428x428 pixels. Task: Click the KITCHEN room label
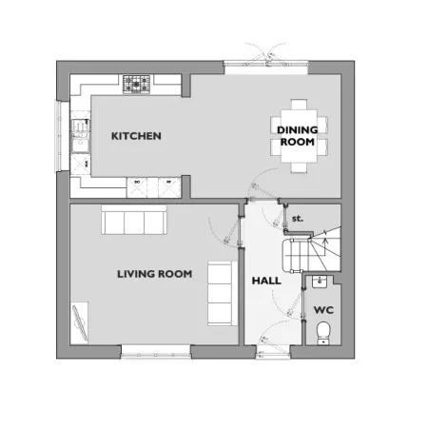136,136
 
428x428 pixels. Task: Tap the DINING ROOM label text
298,136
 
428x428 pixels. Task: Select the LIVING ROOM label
155,274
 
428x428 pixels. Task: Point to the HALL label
266,281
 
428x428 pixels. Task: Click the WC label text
323,310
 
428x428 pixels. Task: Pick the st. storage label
298,219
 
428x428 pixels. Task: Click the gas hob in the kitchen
136,85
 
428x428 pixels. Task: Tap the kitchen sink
81,136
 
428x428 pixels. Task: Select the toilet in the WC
323,333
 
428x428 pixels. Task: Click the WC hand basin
320,282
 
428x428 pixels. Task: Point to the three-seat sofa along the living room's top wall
134,220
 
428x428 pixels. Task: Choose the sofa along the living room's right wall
223,293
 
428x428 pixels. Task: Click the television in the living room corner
80,322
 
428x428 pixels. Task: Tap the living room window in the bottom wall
156,352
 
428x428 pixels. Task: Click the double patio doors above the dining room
265,64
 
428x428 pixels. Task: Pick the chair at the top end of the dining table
299,105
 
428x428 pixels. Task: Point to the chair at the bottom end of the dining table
299,167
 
